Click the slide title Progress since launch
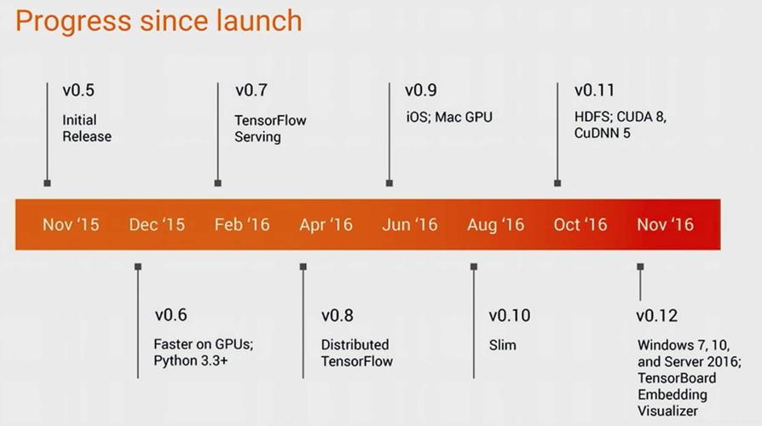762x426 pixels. pos(159,20)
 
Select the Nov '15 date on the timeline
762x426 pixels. pos(71,225)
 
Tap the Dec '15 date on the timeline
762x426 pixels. pos(157,225)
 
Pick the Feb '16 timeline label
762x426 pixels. pos(242,225)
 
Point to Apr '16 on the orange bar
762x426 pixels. pos(326,225)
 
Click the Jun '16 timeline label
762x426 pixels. pos(410,225)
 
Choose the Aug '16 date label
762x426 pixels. pos(495,225)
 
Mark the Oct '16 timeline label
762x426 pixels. pos(580,225)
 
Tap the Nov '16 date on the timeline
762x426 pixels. pos(666,225)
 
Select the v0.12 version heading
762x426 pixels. pos(656,316)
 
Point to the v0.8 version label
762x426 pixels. pos(337,316)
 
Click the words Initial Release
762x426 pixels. pos(86,128)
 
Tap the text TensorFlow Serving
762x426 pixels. pos(270,129)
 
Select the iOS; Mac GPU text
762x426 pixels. pos(448,117)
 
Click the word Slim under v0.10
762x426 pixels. pos(502,345)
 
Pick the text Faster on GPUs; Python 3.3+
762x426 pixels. pos(204,353)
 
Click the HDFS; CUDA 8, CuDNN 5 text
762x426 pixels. pos(620,124)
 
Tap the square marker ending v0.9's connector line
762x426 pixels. pos(390,182)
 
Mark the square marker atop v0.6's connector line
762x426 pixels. pos(138,267)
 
